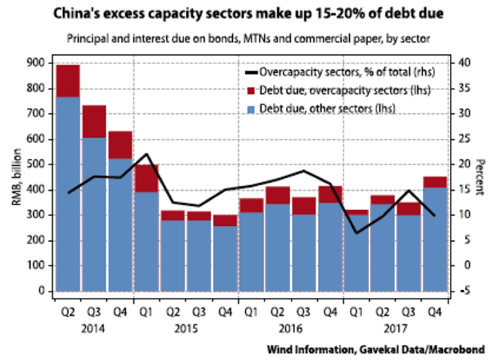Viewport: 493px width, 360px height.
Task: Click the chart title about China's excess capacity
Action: coord(246,14)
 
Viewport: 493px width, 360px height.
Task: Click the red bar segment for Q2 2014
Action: coord(68,80)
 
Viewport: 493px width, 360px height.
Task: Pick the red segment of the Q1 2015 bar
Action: coord(145,178)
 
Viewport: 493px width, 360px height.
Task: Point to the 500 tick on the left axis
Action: coord(36,165)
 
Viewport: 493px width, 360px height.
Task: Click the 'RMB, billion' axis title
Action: coord(15,176)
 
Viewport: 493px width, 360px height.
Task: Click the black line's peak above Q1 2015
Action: coord(145,154)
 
